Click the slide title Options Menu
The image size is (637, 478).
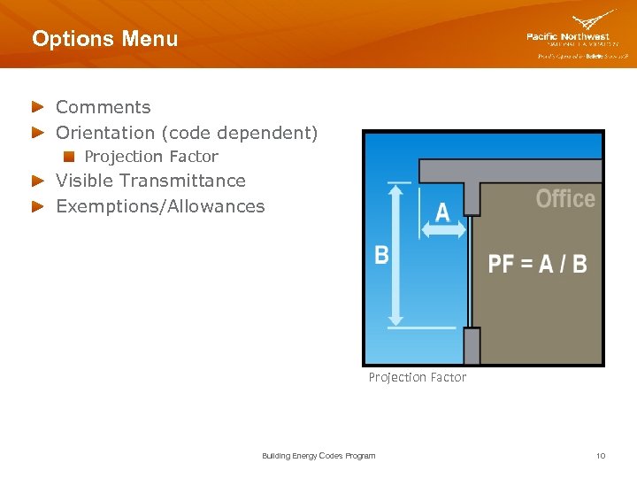104,39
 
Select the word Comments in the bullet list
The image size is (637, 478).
103,107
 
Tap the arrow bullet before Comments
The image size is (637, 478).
37,107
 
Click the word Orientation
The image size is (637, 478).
105,133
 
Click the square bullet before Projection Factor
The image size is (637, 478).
68,157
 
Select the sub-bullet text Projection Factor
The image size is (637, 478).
151,157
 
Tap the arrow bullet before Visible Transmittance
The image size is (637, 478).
37,181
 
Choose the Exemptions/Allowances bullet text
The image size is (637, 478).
160,206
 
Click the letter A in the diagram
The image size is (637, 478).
442,211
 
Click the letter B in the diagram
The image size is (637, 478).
381,255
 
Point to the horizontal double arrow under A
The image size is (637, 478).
442,230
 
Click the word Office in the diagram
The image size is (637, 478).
565,199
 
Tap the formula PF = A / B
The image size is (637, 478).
537,264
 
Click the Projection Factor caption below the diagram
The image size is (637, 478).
417,377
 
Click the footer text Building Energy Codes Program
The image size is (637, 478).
318,456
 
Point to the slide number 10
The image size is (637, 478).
601,456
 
